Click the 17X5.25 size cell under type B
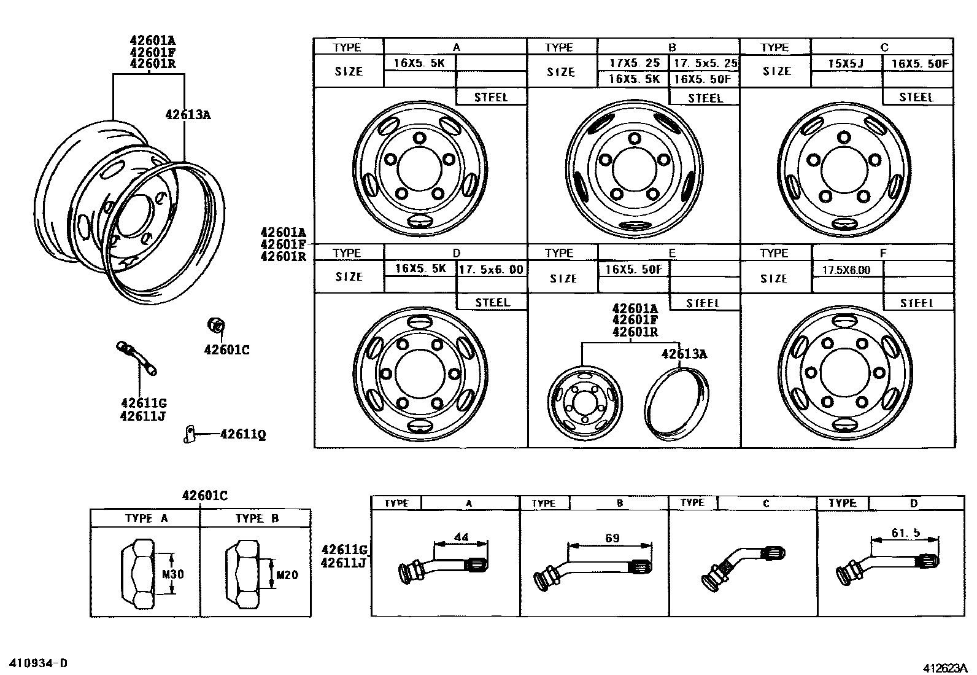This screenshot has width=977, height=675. pos(635,63)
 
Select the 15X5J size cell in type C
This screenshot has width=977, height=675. pos(846,63)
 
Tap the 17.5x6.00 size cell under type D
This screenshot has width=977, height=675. pos(492,269)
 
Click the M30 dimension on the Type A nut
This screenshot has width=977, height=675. pos(172,575)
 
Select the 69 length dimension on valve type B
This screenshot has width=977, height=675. pos(612,538)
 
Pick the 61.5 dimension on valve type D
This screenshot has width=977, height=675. pos(906,533)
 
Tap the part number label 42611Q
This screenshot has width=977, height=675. pos(243,435)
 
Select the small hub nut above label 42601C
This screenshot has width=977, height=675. pos(216,324)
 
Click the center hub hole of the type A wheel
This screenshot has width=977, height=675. pos(420,166)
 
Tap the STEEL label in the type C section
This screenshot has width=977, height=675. pos(916,97)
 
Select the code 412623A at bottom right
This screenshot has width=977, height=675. pos(943,667)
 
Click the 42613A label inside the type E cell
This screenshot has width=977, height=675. pos(684,354)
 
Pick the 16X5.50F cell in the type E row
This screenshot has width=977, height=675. pos(633,269)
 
